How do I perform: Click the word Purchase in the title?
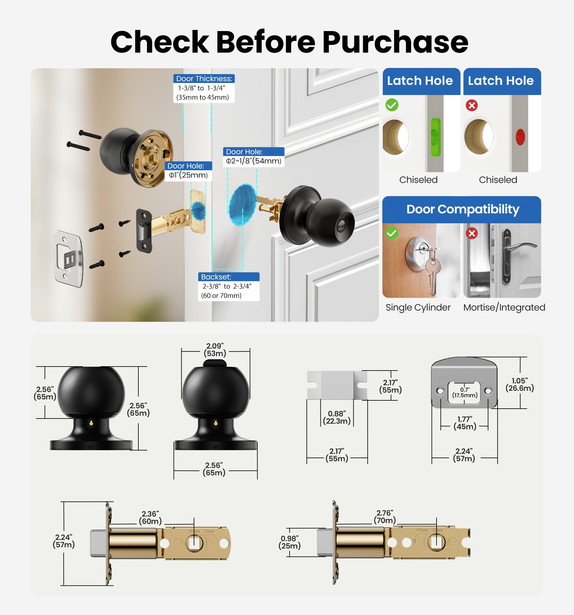395,42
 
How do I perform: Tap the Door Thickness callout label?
204,79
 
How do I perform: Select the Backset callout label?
216,277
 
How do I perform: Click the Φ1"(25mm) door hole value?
188,175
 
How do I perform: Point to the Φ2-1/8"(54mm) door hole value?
253,161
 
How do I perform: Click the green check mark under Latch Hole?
392,105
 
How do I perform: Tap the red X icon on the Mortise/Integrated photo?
472,233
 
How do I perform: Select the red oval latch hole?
520,137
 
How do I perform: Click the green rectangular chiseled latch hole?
435,137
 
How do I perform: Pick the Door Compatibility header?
462,209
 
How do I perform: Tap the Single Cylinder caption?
418,307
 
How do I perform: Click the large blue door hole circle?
243,204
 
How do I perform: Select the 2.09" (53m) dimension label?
215,350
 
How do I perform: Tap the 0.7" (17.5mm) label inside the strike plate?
465,393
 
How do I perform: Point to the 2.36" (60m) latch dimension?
150,518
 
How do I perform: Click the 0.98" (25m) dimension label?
290,542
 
